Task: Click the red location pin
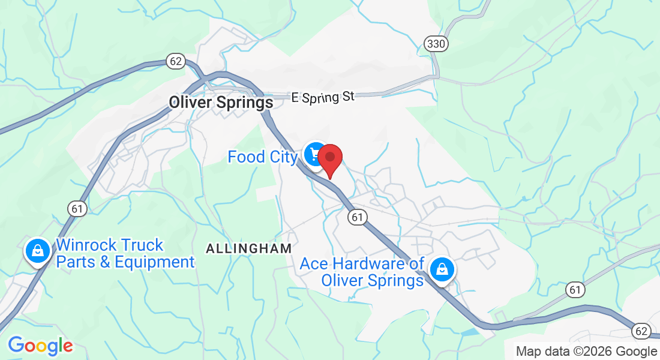click(x=329, y=158)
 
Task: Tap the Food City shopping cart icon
click(x=313, y=155)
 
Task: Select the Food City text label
click(x=263, y=157)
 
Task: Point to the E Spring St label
click(x=323, y=97)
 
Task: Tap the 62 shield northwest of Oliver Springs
click(x=176, y=61)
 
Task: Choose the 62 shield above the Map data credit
click(x=641, y=331)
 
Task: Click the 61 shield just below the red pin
click(x=358, y=217)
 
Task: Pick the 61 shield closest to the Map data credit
click(x=575, y=290)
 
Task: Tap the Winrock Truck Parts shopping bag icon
click(x=37, y=251)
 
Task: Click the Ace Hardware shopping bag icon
click(x=442, y=269)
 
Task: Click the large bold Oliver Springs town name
click(x=221, y=103)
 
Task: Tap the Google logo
click(x=40, y=346)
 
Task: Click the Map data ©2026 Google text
click(x=586, y=352)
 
